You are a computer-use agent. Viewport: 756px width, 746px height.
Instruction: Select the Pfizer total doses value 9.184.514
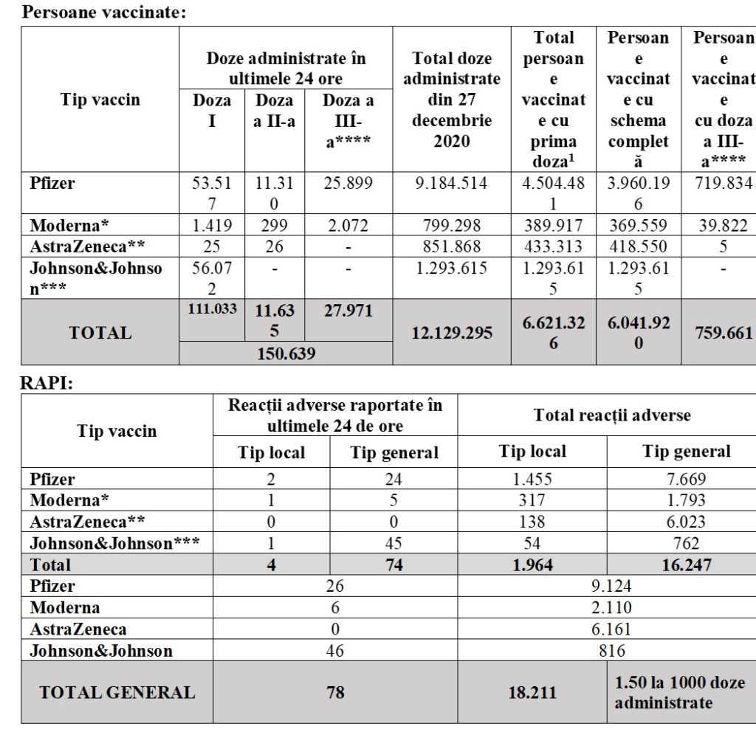[452, 183]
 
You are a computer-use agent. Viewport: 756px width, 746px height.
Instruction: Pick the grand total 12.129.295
[452, 333]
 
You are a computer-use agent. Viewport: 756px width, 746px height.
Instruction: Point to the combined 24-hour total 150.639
[286, 353]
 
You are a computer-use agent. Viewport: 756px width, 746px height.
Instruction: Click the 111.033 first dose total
[212, 309]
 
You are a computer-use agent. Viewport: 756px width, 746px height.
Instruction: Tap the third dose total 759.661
[724, 333]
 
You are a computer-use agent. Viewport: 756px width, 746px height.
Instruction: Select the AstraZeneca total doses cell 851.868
[452, 246]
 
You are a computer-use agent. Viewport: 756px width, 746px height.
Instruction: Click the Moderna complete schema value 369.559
[638, 225]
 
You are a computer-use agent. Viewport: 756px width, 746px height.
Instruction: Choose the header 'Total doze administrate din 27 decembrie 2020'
[452, 100]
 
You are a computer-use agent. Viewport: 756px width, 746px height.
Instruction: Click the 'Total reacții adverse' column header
[612, 415]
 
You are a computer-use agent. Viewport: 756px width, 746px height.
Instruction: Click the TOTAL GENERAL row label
[117, 692]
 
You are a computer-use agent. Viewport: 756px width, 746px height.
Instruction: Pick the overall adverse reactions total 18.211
[532, 692]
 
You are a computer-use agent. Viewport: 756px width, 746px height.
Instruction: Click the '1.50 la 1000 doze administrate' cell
[680, 692]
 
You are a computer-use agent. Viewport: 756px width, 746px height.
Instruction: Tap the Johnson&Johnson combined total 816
[612, 650]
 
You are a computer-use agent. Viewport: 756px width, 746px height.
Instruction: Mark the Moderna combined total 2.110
[612, 607]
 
